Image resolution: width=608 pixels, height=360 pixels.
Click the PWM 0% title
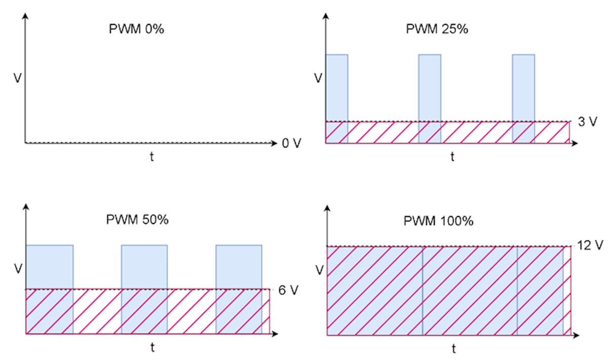pyautogui.click(x=137, y=29)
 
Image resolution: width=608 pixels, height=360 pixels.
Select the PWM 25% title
pyautogui.click(x=437, y=29)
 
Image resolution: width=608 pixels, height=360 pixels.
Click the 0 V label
pyautogui.click(x=291, y=143)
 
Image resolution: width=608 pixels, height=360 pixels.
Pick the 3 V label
pyautogui.click(x=588, y=122)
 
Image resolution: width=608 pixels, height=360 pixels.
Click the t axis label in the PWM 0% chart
pyautogui.click(x=151, y=157)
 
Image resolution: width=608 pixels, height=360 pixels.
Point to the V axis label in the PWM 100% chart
pyautogui.click(x=319, y=270)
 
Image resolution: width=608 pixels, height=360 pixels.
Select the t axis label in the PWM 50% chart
pyautogui.click(x=152, y=348)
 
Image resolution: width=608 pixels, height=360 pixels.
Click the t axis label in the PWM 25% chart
pyautogui.click(x=452, y=157)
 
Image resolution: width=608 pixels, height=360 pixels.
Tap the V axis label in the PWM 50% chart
pyautogui.click(x=18, y=269)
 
